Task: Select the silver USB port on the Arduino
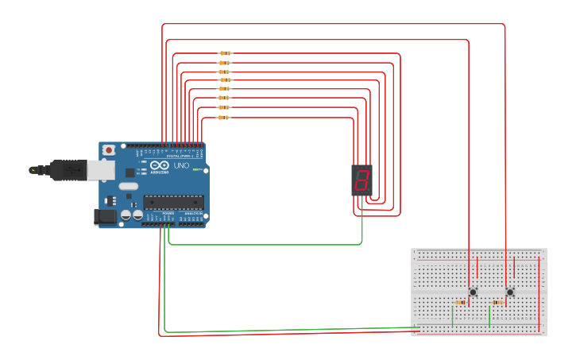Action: (100, 168)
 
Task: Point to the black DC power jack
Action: (105, 216)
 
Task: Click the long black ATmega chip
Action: (173, 202)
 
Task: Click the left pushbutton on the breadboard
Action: (473, 292)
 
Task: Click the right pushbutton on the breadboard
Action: (510, 292)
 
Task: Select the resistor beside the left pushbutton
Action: (460, 303)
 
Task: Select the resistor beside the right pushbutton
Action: (497, 303)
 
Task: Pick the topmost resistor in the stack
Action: (225, 53)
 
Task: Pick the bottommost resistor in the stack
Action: (223, 118)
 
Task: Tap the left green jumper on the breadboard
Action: (453, 315)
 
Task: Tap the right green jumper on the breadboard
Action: (489, 315)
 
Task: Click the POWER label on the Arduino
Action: (168, 214)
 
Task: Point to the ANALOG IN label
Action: (193, 214)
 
